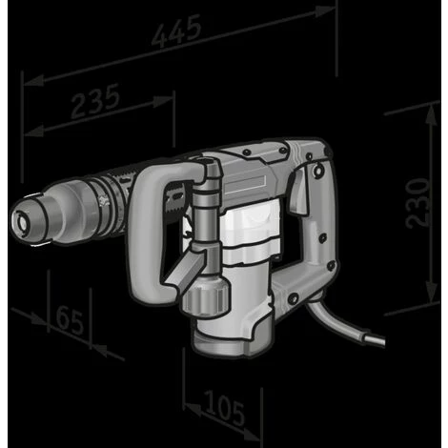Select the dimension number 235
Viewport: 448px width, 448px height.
coord(94,102)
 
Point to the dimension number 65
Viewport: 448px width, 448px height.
coord(68,318)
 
